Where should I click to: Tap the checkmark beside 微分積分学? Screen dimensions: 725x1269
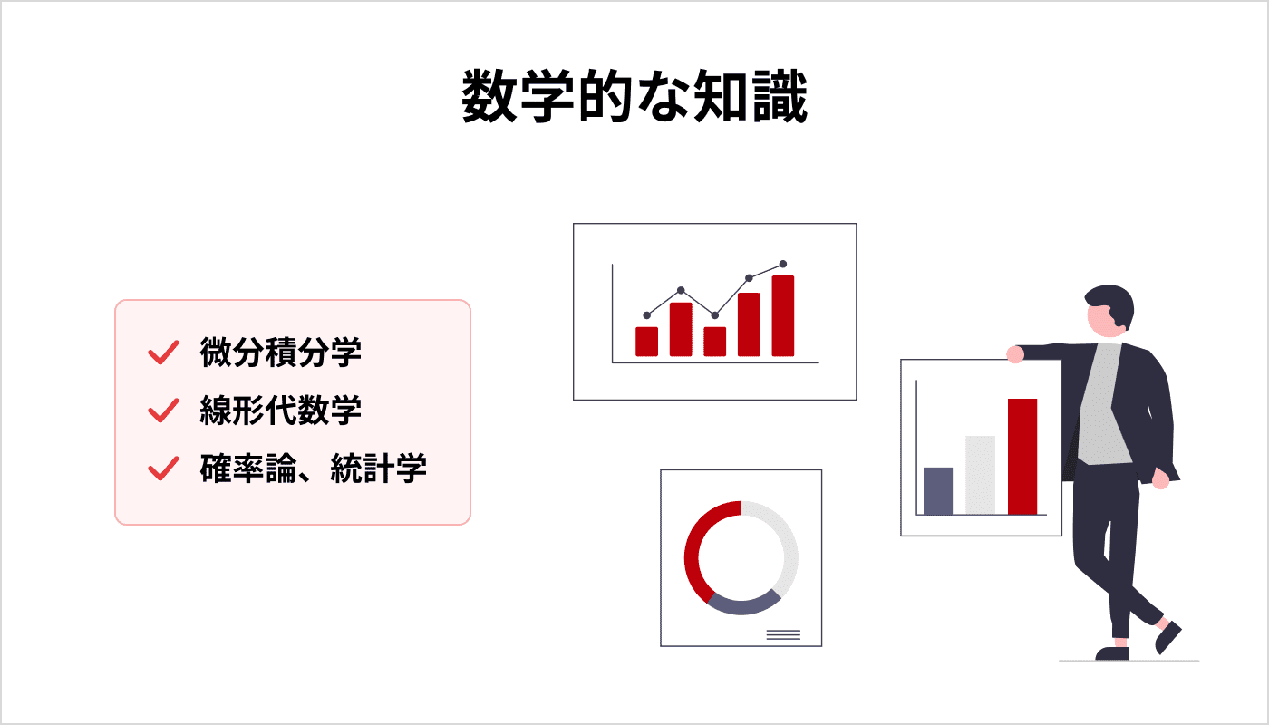(x=161, y=353)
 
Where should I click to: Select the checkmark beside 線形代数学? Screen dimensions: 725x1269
(x=161, y=411)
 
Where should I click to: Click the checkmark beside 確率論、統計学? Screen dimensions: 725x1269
(x=161, y=469)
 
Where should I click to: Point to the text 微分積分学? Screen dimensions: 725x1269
(x=281, y=353)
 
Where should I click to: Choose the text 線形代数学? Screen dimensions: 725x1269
(x=281, y=411)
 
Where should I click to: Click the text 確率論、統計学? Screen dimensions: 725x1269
(x=314, y=469)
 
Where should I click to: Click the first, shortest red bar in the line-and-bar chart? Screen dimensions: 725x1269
(x=646, y=342)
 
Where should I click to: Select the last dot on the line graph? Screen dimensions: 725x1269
(x=783, y=264)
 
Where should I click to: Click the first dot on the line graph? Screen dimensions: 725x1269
(x=646, y=314)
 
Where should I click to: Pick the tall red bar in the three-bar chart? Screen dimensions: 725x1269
(x=1022, y=456)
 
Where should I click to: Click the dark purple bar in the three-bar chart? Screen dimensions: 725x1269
(x=938, y=490)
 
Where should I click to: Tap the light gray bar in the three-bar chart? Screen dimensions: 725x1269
(x=980, y=475)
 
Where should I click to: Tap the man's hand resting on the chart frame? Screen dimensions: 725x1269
(x=1015, y=354)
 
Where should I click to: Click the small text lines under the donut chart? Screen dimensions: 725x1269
(x=783, y=635)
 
